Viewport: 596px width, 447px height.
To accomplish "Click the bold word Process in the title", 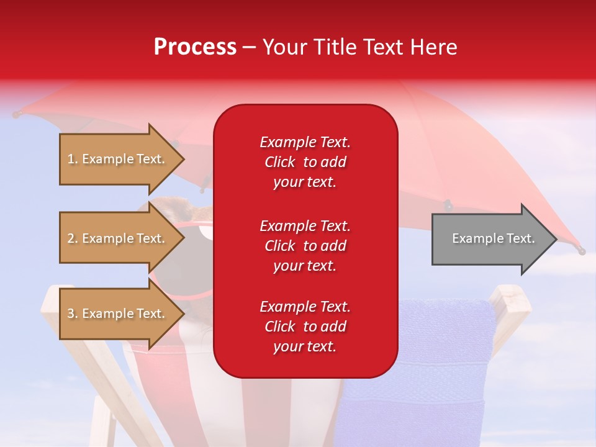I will [195, 47].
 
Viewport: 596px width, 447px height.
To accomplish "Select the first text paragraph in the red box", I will [305, 162].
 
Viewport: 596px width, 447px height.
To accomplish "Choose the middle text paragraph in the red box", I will [305, 246].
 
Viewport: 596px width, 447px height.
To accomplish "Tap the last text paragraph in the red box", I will [305, 327].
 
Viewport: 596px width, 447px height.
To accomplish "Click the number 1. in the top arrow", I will [73, 159].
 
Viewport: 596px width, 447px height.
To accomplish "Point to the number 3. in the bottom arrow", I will [73, 314].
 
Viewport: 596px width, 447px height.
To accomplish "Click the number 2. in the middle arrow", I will [73, 238].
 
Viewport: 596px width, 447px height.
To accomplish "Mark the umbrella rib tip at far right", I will [581, 250].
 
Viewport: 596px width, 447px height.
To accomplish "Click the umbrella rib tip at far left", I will [16, 114].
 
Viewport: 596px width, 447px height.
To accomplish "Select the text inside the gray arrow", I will [493, 238].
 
